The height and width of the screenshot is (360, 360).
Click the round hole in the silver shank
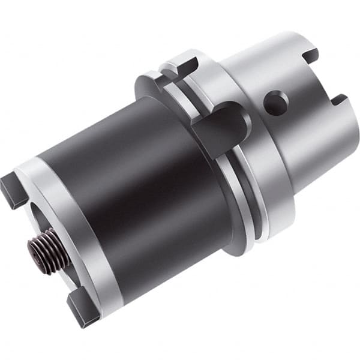pyautogui.click(x=275, y=103)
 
